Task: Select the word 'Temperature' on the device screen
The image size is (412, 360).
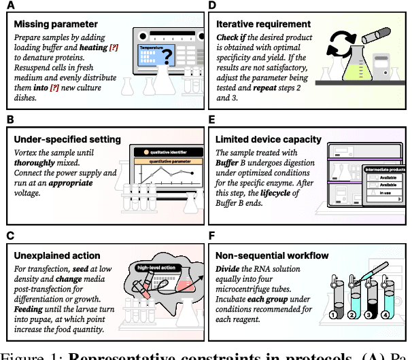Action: [x=152, y=48]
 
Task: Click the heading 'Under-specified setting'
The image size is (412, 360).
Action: [x=67, y=139]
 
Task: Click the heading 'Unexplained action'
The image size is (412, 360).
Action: [x=58, y=255]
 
